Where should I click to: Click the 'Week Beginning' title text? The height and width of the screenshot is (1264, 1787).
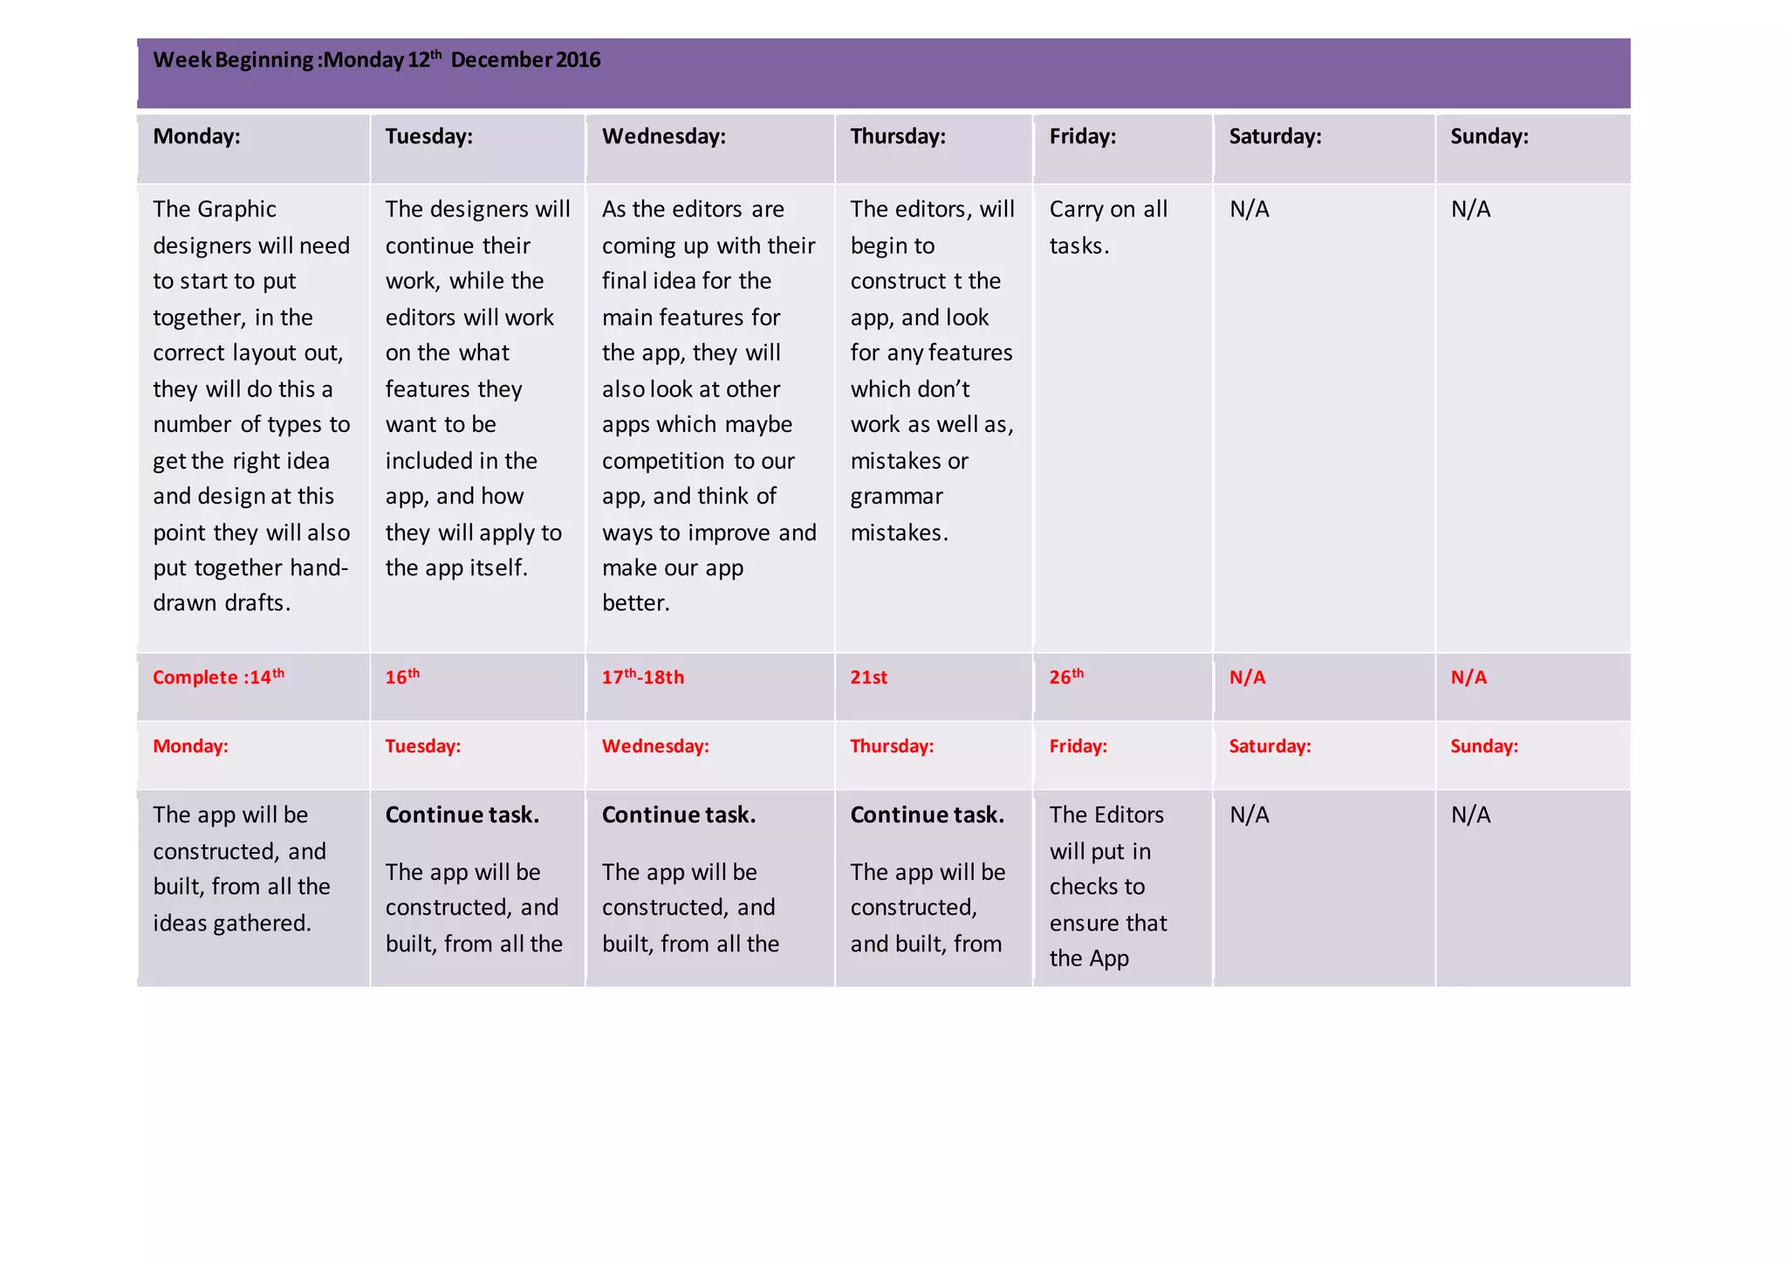click(x=376, y=60)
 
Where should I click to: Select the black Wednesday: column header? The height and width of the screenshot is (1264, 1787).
click(x=663, y=136)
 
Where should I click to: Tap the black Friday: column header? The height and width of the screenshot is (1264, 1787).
click(x=1082, y=136)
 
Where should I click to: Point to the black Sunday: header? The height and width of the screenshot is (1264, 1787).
click(x=1489, y=136)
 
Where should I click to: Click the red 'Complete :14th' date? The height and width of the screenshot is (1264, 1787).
click(x=218, y=677)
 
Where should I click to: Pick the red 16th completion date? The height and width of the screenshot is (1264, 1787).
click(x=402, y=677)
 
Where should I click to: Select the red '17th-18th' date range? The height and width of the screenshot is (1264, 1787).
click(x=642, y=677)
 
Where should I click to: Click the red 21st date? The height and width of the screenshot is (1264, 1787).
click(x=868, y=677)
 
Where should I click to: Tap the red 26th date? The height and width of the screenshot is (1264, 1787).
click(x=1066, y=677)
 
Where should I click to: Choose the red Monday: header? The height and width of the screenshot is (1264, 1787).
click(x=190, y=746)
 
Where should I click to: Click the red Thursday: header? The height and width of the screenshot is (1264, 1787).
click(x=892, y=746)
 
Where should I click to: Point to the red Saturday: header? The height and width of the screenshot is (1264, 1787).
click(x=1270, y=746)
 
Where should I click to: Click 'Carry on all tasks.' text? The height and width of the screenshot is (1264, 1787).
click(x=1107, y=227)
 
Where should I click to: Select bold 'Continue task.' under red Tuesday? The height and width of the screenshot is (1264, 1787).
click(x=462, y=814)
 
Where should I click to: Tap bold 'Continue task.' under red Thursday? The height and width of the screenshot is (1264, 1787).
click(x=927, y=814)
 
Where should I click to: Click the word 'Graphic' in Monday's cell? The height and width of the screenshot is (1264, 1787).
click(x=237, y=210)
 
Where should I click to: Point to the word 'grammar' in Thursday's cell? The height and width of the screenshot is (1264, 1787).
click(x=896, y=497)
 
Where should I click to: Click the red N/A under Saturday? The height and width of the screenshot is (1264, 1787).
click(x=1247, y=677)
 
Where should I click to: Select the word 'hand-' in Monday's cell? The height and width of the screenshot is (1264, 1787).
click(x=318, y=568)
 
